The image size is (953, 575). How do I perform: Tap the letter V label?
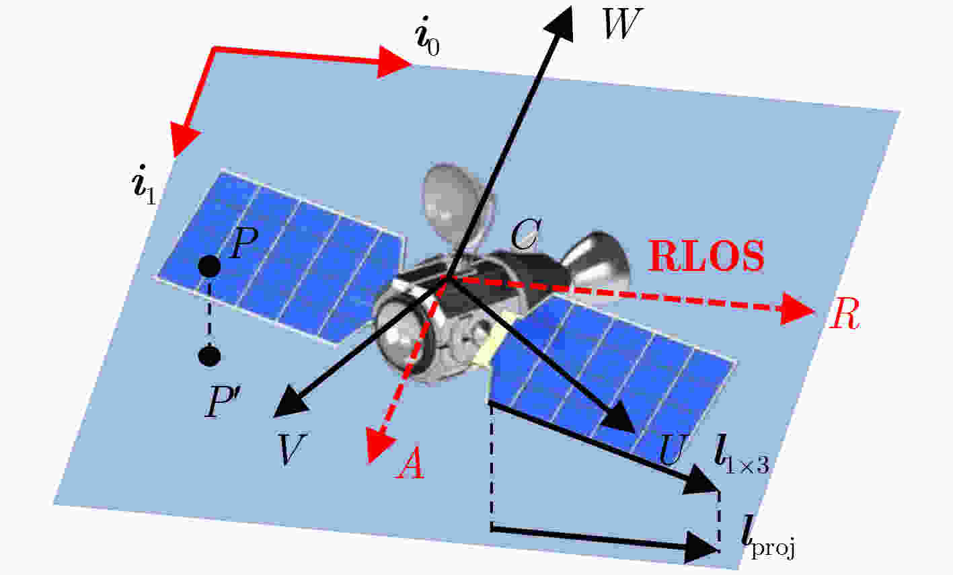[x=291, y=449]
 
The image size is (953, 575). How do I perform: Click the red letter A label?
[x=411, y=463]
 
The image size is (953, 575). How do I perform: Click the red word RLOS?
[x=706, y=256]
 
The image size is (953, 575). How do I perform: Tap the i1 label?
[x=144, y=184]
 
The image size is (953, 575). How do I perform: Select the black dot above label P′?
[x=209, y=356]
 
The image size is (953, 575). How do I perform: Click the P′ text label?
[x=219, y=403]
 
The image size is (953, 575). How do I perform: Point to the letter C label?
[x=526, y=234]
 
